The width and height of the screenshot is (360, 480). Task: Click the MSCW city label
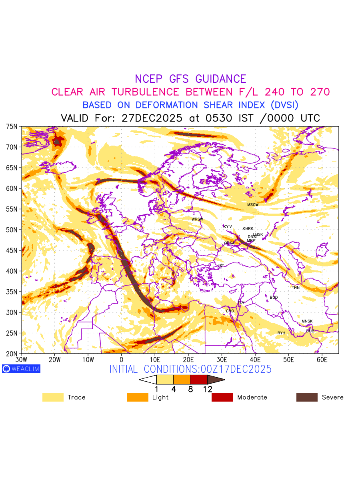click(x=253, y=205)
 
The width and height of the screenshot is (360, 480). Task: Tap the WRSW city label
click(x=197, y=219)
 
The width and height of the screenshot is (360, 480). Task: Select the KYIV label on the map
click(x=228, y=227)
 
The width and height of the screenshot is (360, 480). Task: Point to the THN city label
click(x=296, y=288)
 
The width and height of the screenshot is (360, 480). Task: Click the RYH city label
click(x=281, y=333)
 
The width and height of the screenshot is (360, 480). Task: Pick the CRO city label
click(x=230, y=311)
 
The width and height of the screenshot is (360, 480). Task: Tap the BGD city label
click(x=274, y=298)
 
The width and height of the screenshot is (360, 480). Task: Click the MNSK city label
click(x=307, y=322)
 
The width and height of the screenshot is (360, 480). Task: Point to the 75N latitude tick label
click(x=12, y=126)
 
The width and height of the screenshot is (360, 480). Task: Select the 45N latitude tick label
click(x=12, y=251)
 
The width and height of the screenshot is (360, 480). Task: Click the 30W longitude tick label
click(x=21, y=360)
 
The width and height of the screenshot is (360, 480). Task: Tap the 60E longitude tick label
click(x=322, y=360)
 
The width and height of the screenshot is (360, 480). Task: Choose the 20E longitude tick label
click(x=188, y=360)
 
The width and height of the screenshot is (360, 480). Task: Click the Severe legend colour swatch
click(x=307, y=397)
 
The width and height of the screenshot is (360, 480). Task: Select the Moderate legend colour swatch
click(x=222, y=397)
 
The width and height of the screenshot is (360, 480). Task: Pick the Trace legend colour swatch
click(x=53, y=397)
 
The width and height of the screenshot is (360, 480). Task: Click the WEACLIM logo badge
click(x=21, y=369)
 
